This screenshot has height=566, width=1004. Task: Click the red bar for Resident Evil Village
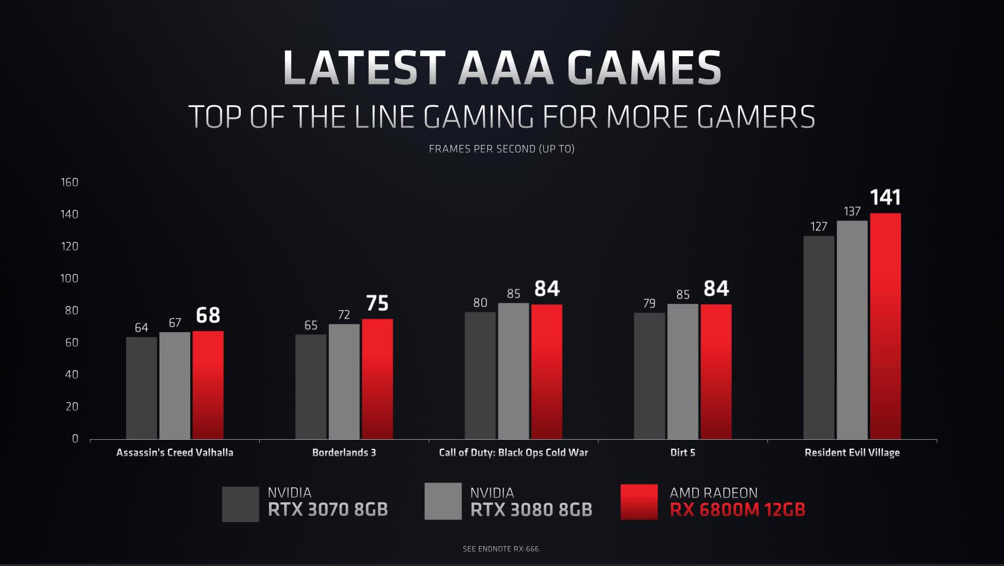tap(885, 326)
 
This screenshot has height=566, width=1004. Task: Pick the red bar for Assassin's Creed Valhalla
tap(208, 385)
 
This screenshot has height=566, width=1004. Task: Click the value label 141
tap(885, 197)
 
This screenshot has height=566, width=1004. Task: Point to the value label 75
tap(377, 303)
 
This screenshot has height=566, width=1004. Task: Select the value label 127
tap(818, 227)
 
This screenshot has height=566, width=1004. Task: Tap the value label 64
tap(141, 327)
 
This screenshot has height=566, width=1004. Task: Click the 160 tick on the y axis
tap(69, 182)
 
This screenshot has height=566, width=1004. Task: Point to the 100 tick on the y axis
tap(69, 278)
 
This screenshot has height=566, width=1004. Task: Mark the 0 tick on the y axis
tap(75, 439)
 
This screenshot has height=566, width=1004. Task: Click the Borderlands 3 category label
tap(344, 453)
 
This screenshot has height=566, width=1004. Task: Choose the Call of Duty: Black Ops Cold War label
tap(513, 453)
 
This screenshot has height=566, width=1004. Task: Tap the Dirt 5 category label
tap(683, 453)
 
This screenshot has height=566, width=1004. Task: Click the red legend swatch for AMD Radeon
tap(639, 502)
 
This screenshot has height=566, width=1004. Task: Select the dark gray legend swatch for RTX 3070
tap(240, 504)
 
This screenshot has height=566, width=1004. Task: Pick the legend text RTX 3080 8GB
tap(531, 510)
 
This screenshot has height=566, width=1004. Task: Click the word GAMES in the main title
tap(644, 68)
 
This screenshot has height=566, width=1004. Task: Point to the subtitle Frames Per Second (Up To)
tap(501, 149)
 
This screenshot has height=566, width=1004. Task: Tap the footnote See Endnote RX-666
tap(501, 549)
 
